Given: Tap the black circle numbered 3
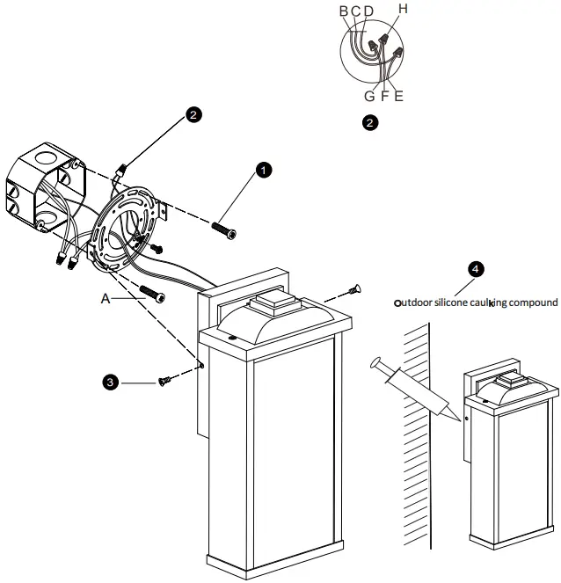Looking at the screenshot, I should pyautogui.click(x=109, y=382).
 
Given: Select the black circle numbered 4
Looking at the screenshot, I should pyautogui.click(x=474, y=270).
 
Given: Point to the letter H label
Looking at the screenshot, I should pyautogui.click(x=403, y=9).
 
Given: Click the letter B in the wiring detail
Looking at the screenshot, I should pyautogui.click(x=343, y=11).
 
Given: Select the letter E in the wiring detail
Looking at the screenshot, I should pyautogui.click(x=398, y=96).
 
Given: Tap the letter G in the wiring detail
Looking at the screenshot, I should pyautogui.click(x=370, y=96).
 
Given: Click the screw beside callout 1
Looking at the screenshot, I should pyautogui.click(x=225, y=229).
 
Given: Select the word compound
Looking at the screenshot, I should pyautogui.click(x=531, y=302).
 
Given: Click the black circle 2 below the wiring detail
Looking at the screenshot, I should pyautogui.click(x=370, y=123).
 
